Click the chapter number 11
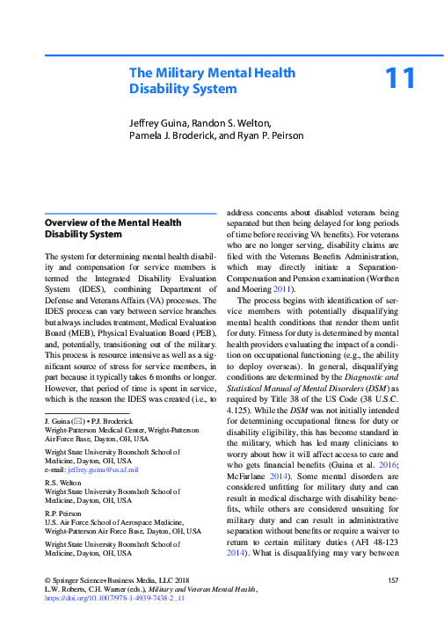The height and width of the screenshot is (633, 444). point(400,79)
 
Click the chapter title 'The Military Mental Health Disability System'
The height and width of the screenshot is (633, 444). point(212,81)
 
